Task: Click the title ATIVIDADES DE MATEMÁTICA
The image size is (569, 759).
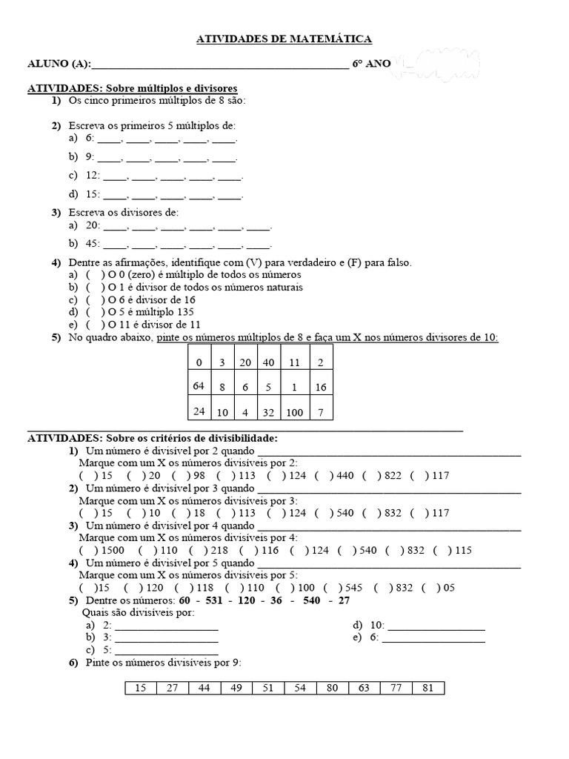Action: (x=284, y=39)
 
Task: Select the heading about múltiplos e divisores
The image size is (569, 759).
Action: (x=133, y=88)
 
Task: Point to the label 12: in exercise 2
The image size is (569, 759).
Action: (x=93, y=176)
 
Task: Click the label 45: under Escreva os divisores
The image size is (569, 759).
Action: (x=93, y=243)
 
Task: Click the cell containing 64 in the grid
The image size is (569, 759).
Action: (x=198, y=385)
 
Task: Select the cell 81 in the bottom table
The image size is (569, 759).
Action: (x=428, y=688)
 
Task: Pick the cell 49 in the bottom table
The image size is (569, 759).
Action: (x=236, y=688)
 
